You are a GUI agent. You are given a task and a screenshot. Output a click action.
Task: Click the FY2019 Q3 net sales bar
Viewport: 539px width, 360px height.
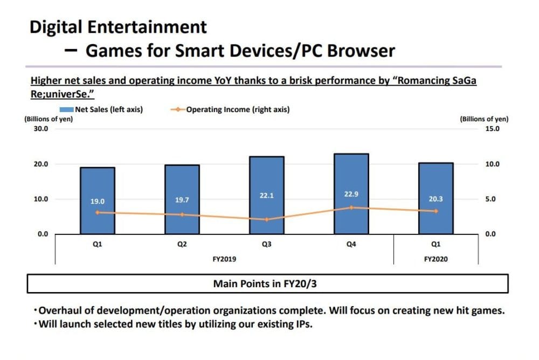[267, 178]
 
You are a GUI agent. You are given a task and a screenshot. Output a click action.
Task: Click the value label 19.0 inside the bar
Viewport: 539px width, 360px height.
[98, 202]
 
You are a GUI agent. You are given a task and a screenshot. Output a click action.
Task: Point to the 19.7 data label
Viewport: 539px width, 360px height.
[182, 200]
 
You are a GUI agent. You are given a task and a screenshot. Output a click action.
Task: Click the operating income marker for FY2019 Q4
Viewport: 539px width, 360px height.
[351, 207]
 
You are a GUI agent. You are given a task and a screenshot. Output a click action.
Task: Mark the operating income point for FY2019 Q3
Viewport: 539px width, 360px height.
[267, 219]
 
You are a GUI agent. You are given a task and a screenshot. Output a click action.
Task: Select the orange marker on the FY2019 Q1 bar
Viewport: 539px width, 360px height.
[98, 212]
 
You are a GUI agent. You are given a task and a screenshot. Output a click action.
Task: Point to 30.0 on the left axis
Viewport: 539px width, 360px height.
[41, 129]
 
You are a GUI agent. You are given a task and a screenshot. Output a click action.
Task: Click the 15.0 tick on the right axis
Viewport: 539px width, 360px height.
[493, 129]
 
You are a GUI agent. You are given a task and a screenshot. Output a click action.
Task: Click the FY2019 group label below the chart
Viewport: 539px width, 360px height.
[225, 259]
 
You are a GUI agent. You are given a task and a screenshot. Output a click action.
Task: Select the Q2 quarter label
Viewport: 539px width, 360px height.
[182, 245]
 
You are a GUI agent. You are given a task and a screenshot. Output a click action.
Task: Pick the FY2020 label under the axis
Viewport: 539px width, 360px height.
[436, 259]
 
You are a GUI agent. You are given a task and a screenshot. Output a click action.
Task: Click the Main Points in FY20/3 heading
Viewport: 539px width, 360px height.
[267, 283]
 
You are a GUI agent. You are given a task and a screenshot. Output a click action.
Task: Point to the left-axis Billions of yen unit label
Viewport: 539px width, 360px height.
[49, 119]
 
